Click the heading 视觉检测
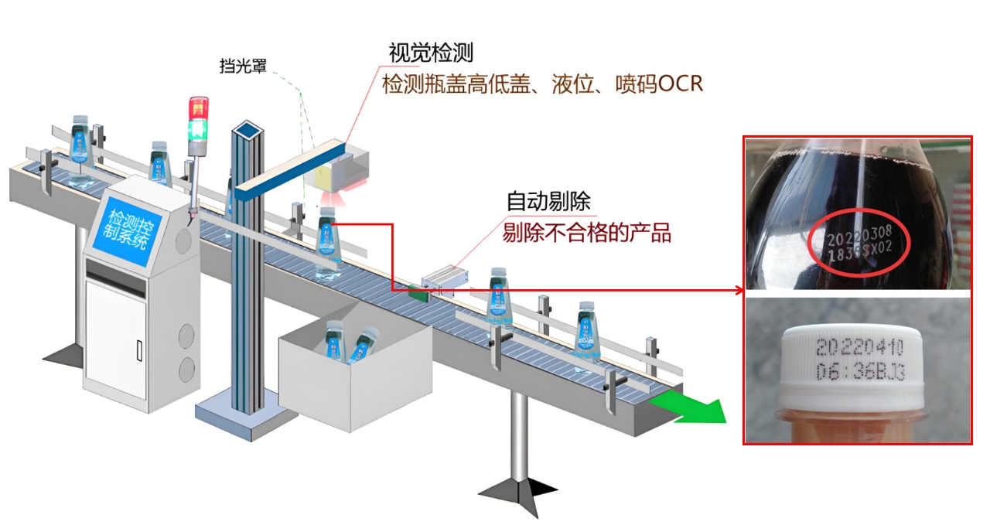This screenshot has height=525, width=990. click(430, 53)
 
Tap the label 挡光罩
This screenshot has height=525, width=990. click(243, 66)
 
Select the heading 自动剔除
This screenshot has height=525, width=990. click(548, 202)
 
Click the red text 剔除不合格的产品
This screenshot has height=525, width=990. click(586, 232)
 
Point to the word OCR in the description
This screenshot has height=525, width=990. click(679, 84)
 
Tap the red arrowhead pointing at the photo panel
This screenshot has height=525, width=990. click(739, 291)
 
